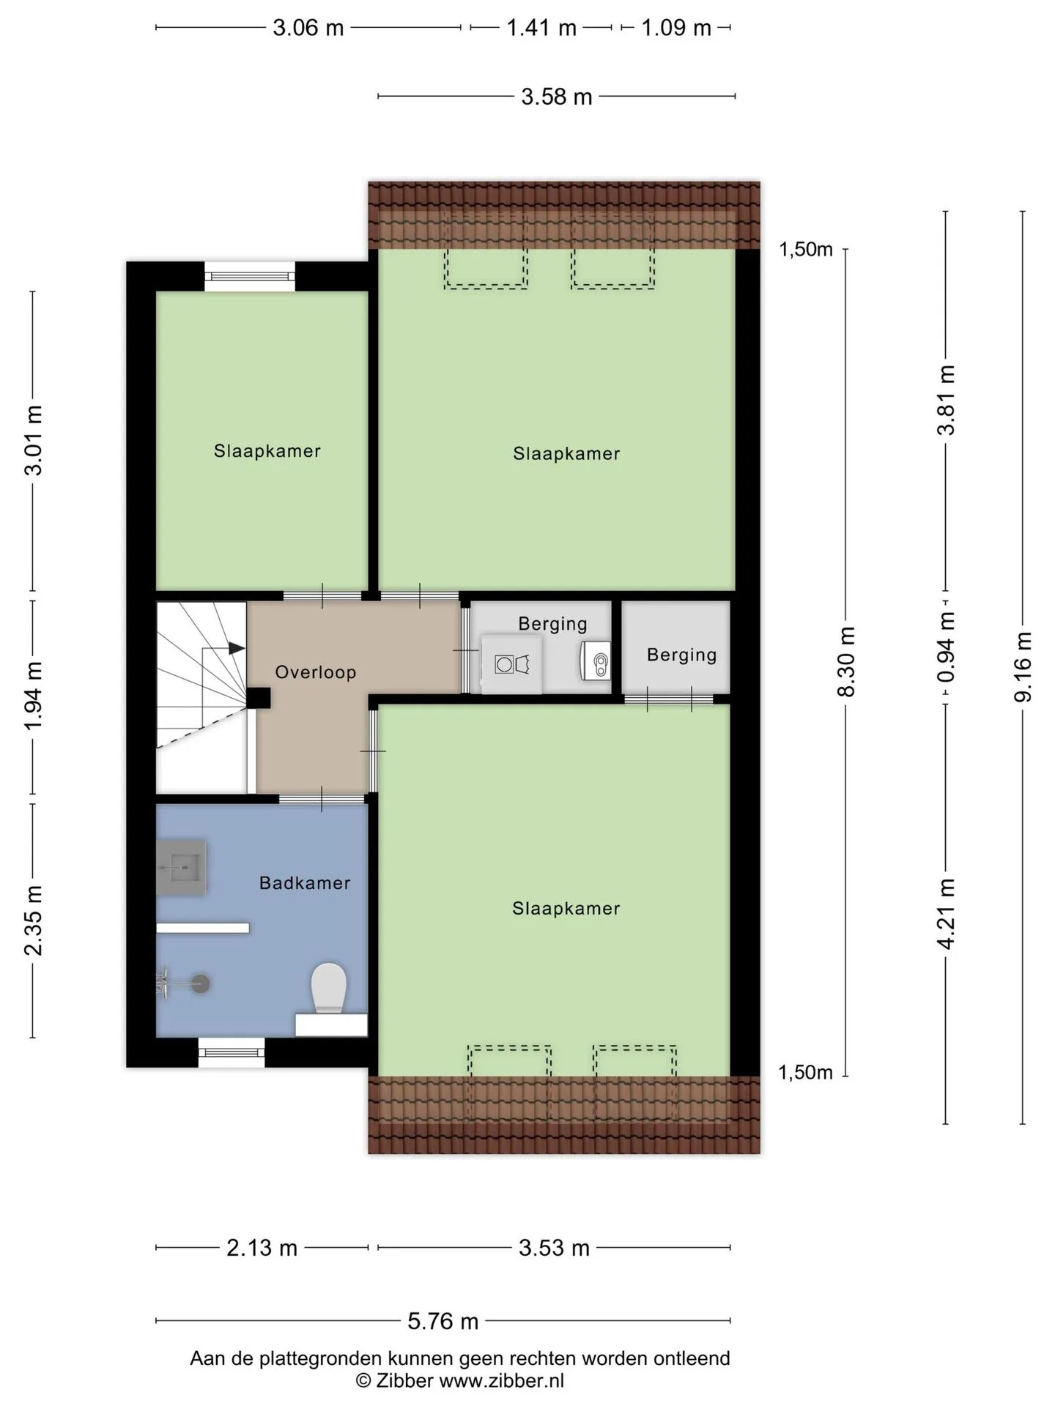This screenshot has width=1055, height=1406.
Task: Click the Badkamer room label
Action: tap(305, 882)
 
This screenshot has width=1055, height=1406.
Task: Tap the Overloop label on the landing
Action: tap(316, 672)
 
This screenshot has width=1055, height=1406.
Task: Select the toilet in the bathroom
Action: tap(329, 989)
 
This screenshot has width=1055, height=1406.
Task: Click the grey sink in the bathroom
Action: tap(181, 868)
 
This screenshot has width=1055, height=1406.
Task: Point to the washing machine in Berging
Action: tap(512, 665)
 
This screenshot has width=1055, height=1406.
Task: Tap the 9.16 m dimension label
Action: tap(1023, 666)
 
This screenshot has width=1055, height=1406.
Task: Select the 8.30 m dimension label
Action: tap(846, 662)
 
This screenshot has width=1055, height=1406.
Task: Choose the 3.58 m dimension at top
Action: tap(557, 97)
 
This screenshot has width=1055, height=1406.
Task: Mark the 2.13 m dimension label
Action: tap(262, 1248)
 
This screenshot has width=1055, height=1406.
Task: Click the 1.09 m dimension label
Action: tap(676, 28)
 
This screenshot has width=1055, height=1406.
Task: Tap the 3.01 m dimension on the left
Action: tap(34, 440)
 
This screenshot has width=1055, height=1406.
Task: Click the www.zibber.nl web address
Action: tap(502, 1381)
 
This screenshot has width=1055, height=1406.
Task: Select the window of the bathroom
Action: tap(232, 1052)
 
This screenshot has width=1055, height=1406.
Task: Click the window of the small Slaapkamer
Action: tap(251, 276)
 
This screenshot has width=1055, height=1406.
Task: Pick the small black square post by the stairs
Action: tap(258, 698)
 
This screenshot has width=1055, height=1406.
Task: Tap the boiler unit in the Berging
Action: tap(596, 661)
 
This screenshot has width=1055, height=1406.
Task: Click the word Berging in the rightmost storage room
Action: tap(681, 655)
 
